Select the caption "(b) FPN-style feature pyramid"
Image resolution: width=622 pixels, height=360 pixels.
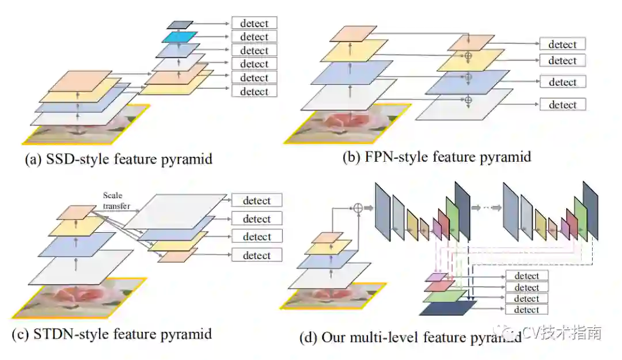coord(436,156)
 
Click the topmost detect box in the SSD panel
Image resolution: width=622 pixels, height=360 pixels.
coord(254,23)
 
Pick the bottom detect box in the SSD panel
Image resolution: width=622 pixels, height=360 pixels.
coord(254,91)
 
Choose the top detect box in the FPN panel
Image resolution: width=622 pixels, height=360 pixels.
coord(562,44)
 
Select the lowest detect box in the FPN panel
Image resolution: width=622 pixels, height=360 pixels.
coord(562,104)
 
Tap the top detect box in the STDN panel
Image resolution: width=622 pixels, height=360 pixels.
coord(256,200)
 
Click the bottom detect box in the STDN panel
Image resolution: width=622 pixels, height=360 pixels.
coord(256,255)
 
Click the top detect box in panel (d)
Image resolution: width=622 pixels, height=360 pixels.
coord(526,276)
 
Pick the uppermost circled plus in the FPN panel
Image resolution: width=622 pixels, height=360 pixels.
coord(468,55)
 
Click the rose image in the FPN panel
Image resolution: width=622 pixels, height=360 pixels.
coord(346,123)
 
